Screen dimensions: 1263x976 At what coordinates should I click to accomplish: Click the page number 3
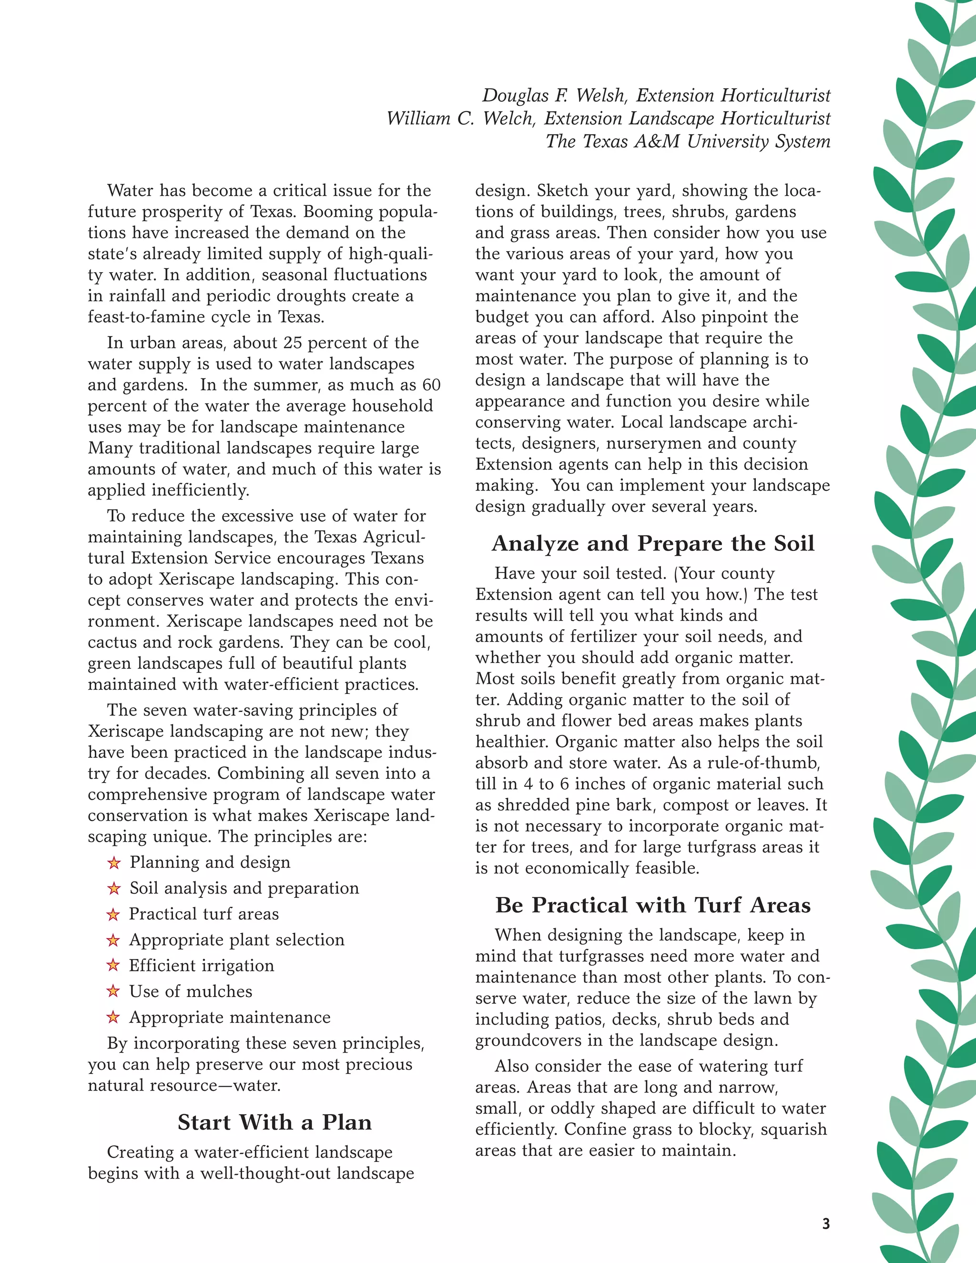[826, 1223]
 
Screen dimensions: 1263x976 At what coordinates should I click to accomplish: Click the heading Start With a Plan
[274, 1122]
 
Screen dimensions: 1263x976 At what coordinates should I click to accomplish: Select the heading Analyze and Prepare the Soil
[653, 544]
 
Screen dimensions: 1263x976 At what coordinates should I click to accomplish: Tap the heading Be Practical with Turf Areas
[653, 905]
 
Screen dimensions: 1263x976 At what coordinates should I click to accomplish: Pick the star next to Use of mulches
[113, 991]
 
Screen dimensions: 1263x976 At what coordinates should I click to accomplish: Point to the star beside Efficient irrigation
[113, 965]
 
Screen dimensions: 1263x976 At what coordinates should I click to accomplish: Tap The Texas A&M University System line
[688, 142]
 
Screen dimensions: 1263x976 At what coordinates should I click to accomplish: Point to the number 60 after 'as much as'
[431, 385]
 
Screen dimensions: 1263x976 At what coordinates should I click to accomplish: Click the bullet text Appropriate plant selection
[236, 940]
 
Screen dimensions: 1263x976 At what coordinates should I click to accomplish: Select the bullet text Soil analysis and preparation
[244, 888]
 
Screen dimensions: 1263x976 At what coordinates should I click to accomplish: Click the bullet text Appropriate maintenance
[230, 1017]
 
